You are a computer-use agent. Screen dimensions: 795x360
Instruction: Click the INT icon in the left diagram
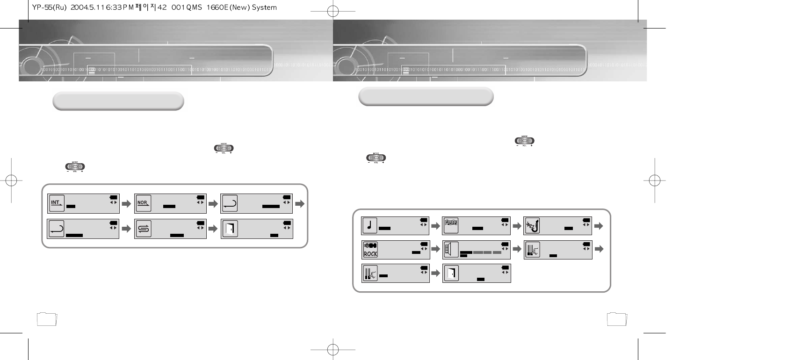pyautogui.click(x=57, y=203)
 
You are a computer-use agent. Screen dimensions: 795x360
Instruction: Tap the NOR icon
pyautogui.click(x=143, y=203)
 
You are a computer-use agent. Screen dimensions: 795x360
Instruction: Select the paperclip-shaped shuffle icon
pyautogui.click(x=143, y=229)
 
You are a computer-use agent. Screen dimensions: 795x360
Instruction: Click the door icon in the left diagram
pyautogui.click(x=230, y=229)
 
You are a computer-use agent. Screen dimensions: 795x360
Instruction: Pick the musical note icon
pyautogui.click(x=369, y=225)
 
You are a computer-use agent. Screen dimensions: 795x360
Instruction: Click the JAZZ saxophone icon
pyautogui.click(x=532, y=225)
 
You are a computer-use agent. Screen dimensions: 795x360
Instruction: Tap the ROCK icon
pyautogui.click(x=370, y=249)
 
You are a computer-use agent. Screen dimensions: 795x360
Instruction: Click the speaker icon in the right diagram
pyautogui.click(x=451, y=249)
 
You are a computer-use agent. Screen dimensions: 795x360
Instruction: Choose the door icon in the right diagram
pyautogui.click(x=451, y=273)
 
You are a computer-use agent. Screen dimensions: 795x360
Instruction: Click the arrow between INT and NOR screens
pyautogui.click(x=126, y=204)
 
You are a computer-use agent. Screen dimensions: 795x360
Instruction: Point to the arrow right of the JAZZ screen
pyautogui.click(x=598, y=226)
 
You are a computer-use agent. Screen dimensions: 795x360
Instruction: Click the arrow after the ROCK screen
pyautogui.click(x=435, y=250)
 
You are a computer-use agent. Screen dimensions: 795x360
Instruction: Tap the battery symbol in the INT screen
pyautogui.click(x=114, y=197)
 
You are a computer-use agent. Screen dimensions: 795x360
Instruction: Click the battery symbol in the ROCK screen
pyautogui.click(x=424, y=244)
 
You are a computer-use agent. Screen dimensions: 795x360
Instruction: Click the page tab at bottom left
pyautogui.click(x=46, y=319)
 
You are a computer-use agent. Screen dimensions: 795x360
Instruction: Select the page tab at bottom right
pyautogui.click(x=616, y=319)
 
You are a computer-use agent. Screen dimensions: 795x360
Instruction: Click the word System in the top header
pyautogui.click(x=264, y=7)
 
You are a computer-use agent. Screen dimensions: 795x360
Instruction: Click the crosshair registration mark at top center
pyautogui.click(x=332, y=11)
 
